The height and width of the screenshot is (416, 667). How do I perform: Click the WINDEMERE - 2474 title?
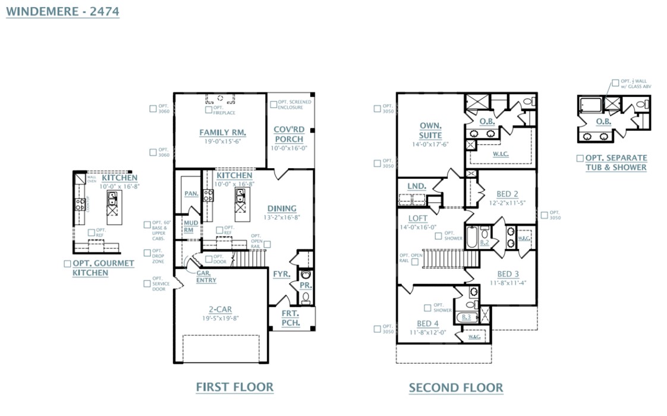point(62,12)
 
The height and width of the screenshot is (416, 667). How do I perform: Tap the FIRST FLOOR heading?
point(235,387)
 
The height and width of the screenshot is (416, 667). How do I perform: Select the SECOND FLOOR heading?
point(455,388)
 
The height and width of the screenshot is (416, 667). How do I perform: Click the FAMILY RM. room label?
point(222,132)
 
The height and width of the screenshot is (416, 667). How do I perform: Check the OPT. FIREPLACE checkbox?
point(209,110)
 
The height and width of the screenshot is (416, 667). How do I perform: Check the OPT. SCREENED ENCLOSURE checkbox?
point(273,105)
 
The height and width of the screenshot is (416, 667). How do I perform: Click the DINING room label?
point(281,209)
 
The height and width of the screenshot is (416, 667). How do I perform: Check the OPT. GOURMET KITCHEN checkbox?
point(68,263)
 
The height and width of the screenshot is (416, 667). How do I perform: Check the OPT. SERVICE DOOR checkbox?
point(147,283)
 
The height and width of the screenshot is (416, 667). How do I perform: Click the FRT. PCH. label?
point(290,318)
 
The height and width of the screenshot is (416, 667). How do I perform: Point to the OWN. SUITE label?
point(430,130)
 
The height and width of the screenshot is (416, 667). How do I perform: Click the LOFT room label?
point(418,218)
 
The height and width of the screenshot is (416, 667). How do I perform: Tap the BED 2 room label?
point(508,194)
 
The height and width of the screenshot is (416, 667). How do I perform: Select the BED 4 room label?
point(427,323)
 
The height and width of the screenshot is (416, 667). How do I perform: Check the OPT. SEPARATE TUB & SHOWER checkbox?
point(580,158)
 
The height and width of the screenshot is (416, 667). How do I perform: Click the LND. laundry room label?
point(416,186)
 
